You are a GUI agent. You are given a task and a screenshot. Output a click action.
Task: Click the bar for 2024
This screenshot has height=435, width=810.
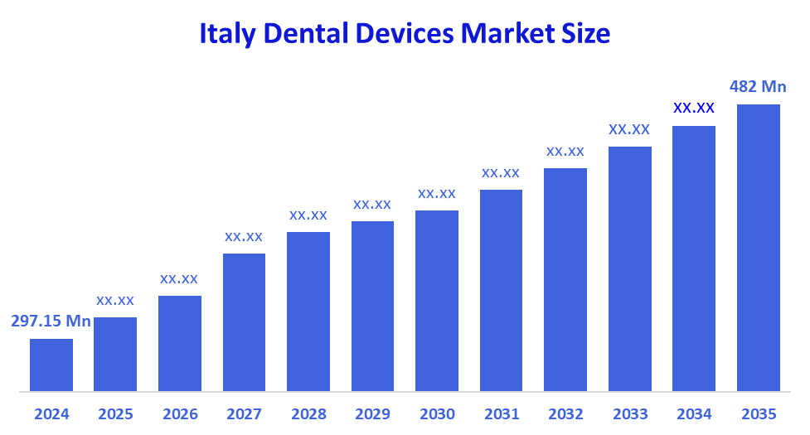(x=51, y=365)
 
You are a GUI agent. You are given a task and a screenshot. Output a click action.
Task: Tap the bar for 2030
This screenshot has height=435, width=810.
(x=437, y=300)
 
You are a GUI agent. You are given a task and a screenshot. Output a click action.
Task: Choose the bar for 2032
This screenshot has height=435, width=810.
(x=565, y=279)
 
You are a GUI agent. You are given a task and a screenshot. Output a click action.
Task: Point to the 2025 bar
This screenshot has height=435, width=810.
(x=115, y=354)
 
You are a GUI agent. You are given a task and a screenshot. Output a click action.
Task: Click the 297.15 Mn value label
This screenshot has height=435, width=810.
(x=51, y=321)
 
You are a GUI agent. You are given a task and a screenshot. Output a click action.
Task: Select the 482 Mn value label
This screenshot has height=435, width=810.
(x=758, y=86)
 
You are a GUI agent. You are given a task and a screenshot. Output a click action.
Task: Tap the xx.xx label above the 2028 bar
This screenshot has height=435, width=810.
(x=308, y=215)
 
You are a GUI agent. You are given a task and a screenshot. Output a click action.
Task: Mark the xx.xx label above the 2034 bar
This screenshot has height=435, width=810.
(x=694, y=108)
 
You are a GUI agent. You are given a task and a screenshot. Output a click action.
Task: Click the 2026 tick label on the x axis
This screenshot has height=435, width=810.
(x=180, y=414)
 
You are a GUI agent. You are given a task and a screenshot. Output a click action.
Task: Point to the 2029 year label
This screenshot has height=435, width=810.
(x=372, y=414)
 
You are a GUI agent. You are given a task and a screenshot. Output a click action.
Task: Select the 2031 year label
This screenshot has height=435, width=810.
(x=501, y=414)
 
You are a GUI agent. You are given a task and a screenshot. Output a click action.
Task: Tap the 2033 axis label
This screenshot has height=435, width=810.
(x=629, y=414)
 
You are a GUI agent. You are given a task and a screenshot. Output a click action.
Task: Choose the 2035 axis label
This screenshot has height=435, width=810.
(x=759, y=414)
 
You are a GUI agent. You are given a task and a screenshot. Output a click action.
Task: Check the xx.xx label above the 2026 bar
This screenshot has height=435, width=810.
(x=179, y=278)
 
